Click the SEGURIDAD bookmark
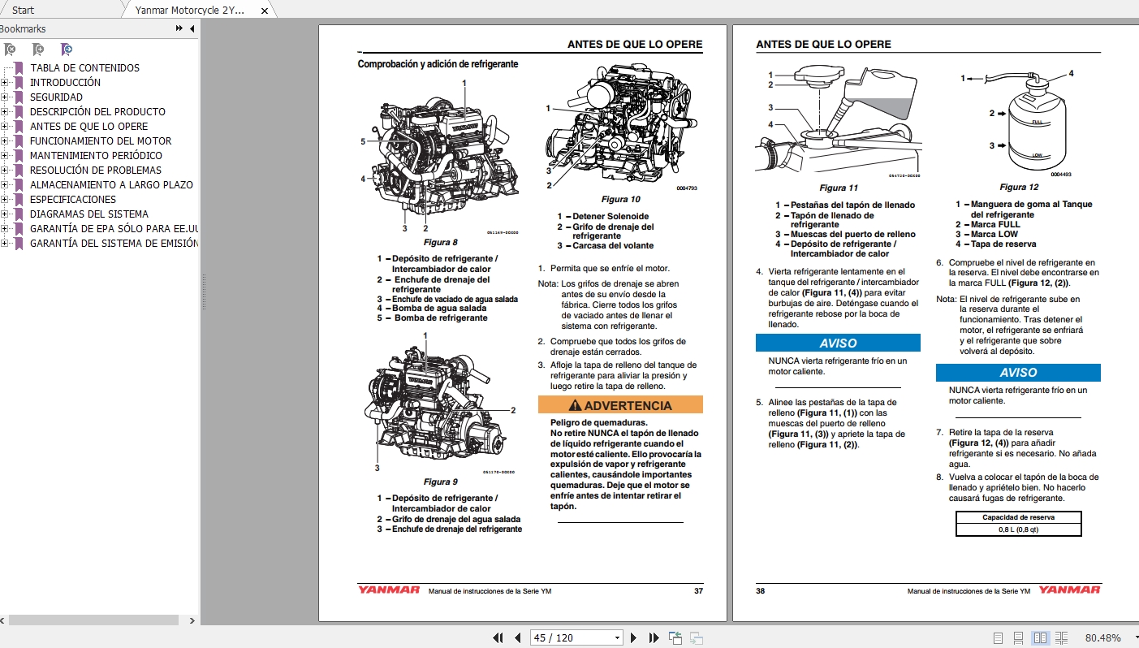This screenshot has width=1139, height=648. pyautogui.click(x=56, y=97)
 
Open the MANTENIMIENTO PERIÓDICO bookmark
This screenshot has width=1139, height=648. pyautogui.click(x=96, y=156)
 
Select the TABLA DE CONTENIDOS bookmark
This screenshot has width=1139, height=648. pyautogui.click(x=84, y=68)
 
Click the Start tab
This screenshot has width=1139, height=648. pyautogui.click(x=23, y=11)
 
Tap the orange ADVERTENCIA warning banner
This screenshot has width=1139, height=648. pyautogui.click(x=620, y=405)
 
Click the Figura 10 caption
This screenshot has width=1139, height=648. pyautogui.click(x=620, y=199)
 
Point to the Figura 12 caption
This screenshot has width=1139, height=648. pyautogui.click(x=1018, y=188)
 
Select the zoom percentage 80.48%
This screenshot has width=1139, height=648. pyautogui.click(x=1102, y=637)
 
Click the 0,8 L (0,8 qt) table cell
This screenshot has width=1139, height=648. pyautogui.click(x=1018, y=529)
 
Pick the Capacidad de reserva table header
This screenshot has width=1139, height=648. pyautogui.click(x=1018, y=517)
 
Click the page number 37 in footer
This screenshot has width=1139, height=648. pyautogui.click(x=698, y=590)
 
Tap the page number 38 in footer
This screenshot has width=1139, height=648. pyautogui.click(x=761, y=590)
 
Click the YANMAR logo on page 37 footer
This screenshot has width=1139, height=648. pyautogui.click(x=389, y=590)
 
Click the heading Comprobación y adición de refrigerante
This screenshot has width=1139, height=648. pyautogui.click(x=438, y=64)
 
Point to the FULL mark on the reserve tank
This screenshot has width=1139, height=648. pyautogui.click(x=1037, y=121)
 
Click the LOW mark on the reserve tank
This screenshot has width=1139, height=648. pyautogui.click(x=1037, y=154)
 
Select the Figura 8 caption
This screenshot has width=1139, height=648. pyautogui.click(x=440, y=243)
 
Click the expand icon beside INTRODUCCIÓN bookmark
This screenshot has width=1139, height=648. pyautogui.click(x=5, y=83)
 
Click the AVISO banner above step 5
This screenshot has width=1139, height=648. pyautogui.click(x=838, y=343)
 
